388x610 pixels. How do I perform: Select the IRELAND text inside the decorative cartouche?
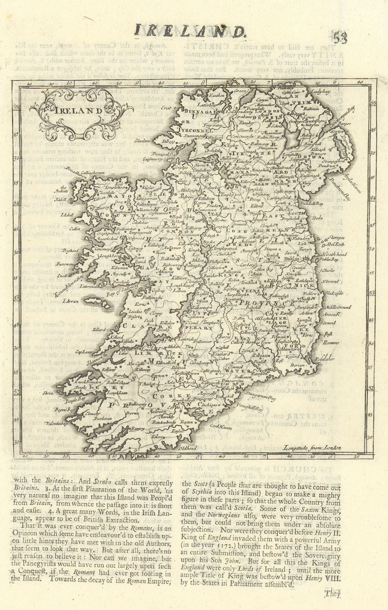pos(74,111)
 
